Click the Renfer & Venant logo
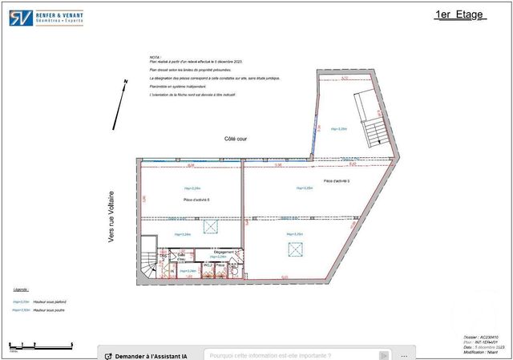point(45,17)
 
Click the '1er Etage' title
point(460,14)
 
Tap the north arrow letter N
point(125,83)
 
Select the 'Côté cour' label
point(236,139)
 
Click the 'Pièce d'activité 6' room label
point(196,199)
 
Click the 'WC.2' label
point(207,264)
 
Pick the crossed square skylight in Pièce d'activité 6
point(210,229)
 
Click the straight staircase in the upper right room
point(370,120)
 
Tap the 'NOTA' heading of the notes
point(155,58)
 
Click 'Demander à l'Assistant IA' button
point(151,354)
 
